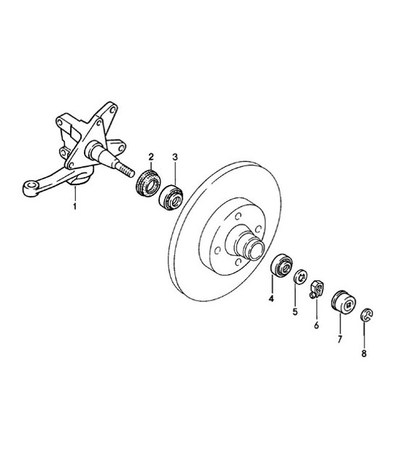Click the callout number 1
coord(74,207)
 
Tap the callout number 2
coord(151,157)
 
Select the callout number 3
coord(175,157)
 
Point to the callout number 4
coord(272,298)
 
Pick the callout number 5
coord(295,312)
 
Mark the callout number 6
coord(316,325)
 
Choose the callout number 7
coord(339,338)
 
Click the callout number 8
coord(364,354)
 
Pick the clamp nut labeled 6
coord(317,286)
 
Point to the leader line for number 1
coord(74,195)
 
